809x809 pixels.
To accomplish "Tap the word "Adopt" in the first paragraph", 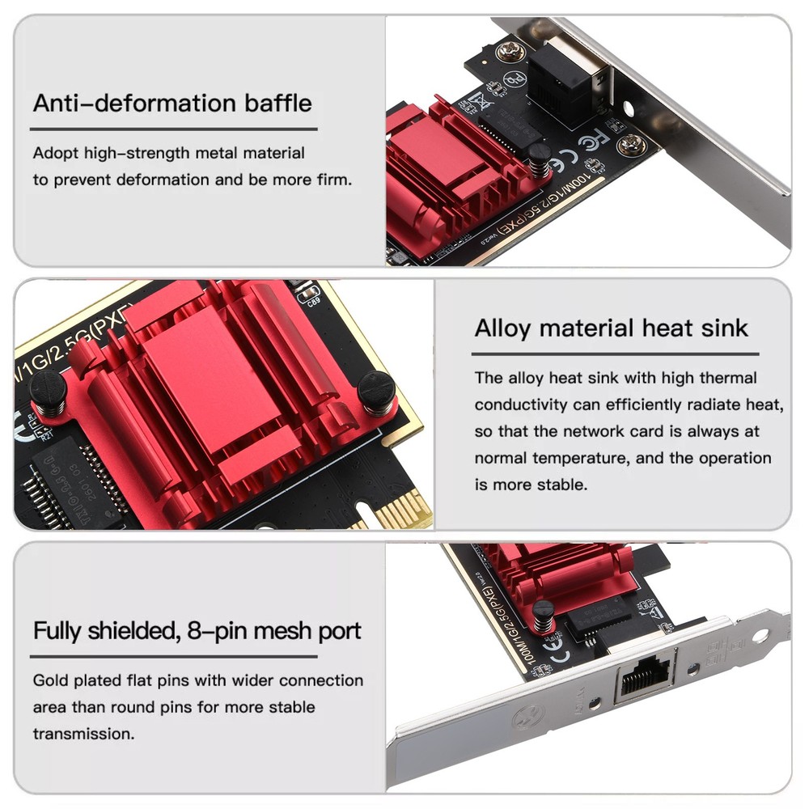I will click(x=55, y=153).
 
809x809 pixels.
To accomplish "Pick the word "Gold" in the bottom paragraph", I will click(x=50, y=680).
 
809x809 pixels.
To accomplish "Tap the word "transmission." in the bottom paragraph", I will click(x=83, y=734).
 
